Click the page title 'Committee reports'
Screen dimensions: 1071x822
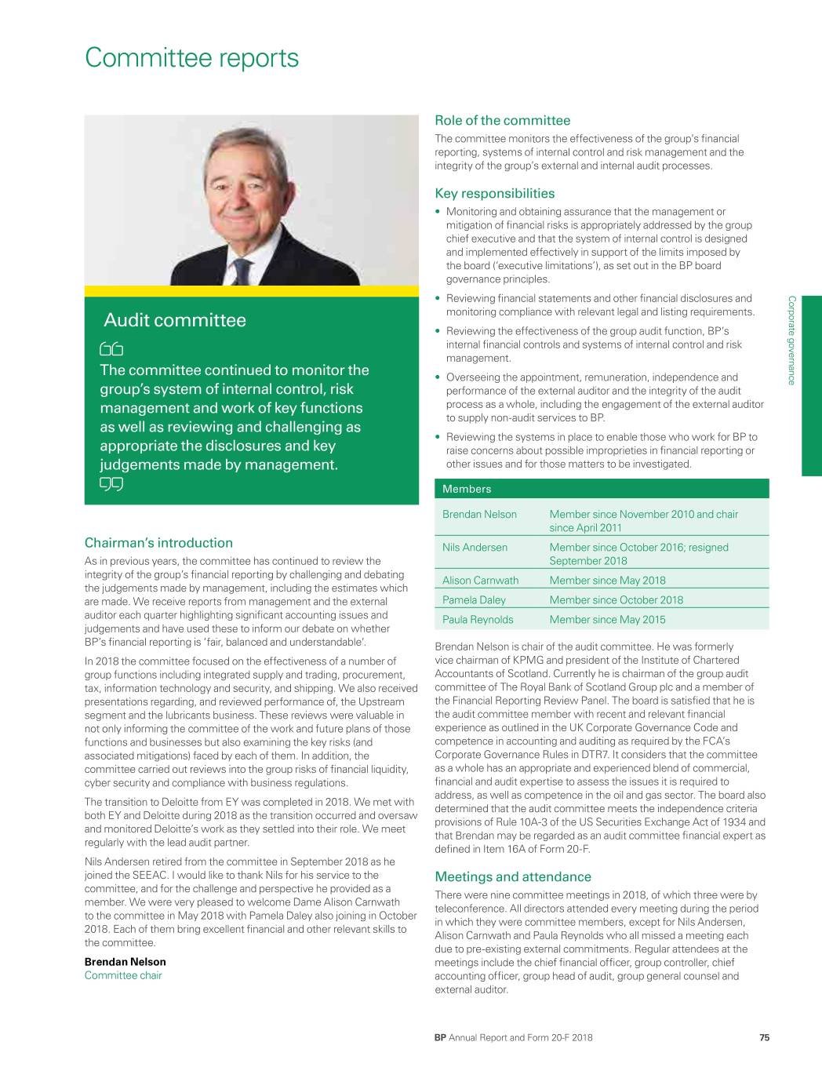coord(192,58)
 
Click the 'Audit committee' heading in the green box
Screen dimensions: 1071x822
coord(175,320)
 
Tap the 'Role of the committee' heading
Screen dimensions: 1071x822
coord(502,120)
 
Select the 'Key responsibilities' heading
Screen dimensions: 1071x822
coord(494,193)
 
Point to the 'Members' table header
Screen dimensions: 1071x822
coord(467,489)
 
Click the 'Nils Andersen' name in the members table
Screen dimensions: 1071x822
coord(475,548)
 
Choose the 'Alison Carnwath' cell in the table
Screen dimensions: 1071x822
coord(480,581)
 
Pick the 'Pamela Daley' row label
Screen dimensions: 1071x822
coord(474,600)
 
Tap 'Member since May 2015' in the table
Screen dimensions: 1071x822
coord(607,620)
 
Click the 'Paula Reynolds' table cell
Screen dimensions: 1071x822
coord(478,620)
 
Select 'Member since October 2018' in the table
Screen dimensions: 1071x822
coord(616,600)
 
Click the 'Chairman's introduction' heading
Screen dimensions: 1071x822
coord(158,542)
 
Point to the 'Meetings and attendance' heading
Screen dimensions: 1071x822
coord(513,876)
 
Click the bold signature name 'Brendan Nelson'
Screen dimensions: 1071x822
coord(125,962)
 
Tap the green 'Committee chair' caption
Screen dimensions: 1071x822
coord(123,975)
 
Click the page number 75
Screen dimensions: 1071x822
coord(764,1037)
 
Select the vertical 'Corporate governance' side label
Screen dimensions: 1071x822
coord(791,340)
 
